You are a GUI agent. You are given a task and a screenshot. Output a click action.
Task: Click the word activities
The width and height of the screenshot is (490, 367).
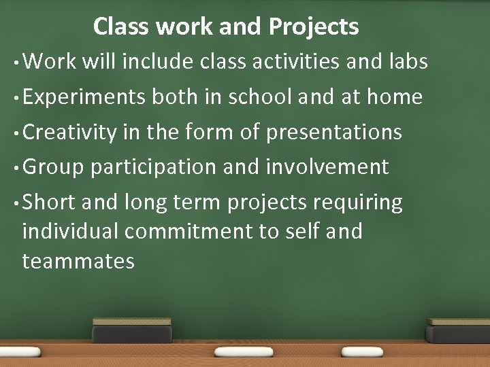click(294, 62)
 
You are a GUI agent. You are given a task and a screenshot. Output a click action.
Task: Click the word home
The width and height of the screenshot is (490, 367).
click(394, 97)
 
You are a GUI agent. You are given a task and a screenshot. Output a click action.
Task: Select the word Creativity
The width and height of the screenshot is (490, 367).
click(70, 132)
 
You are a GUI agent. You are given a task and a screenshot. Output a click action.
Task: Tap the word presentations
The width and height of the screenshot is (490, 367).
click(333, 132)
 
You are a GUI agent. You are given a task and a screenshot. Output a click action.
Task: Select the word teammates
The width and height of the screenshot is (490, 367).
click(78, 261)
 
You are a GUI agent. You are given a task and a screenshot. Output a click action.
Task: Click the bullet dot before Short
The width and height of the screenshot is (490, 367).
click(16, 203)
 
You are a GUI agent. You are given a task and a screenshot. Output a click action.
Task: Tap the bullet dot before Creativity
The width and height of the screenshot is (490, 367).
click(16, 133)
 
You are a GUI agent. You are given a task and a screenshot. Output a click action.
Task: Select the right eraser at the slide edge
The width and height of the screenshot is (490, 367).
click(457, 331)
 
